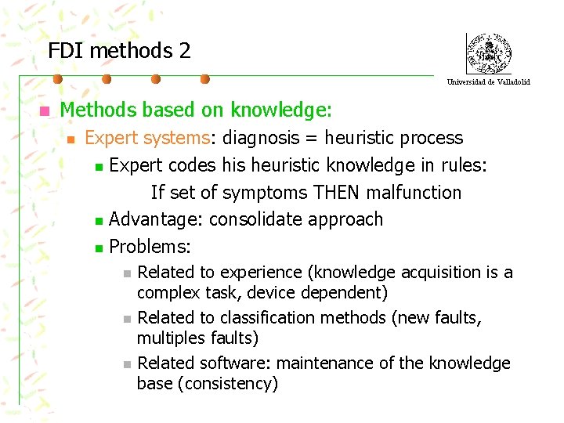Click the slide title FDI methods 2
[119, 51]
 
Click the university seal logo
[488, 53]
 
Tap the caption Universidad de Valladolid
[488, 81]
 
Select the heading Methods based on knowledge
[196, 110]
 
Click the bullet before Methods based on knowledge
[45, 111]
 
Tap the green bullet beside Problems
[98, 248]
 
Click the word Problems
[149, 247]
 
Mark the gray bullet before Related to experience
[128, 273]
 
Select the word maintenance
[323, 363]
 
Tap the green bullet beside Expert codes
[98, 166]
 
